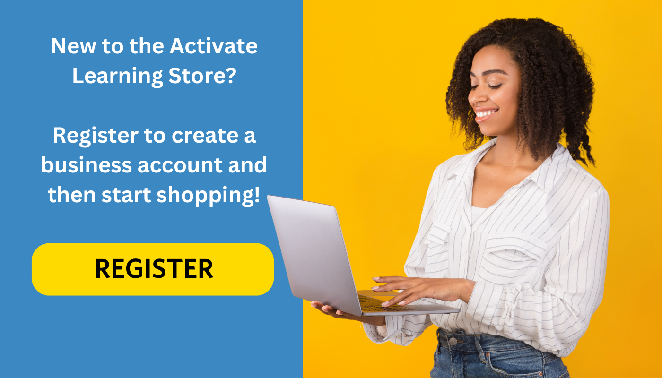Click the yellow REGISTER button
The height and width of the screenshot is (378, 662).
(x=153, y=269)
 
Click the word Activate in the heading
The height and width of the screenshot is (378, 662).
(x=213, y=46)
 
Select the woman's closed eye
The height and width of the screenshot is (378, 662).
(x=494, y=86)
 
